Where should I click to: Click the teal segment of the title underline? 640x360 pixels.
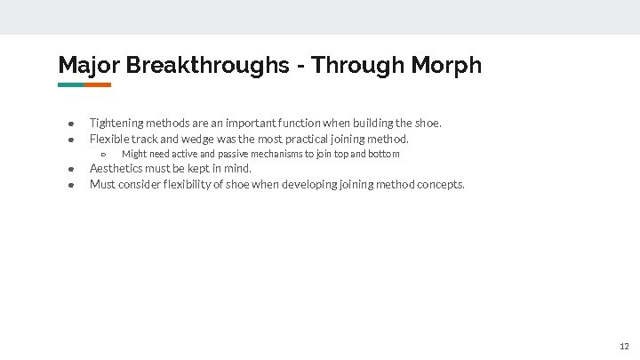pyautogui.click(x=71, y=85)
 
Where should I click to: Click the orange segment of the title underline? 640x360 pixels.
pyautogui.click(x=98, y=85)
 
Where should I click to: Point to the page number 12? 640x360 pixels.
pyautogui.click(x=624, y=346)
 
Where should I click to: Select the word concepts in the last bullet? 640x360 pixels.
pyautogui.click(x=441, y=185)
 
